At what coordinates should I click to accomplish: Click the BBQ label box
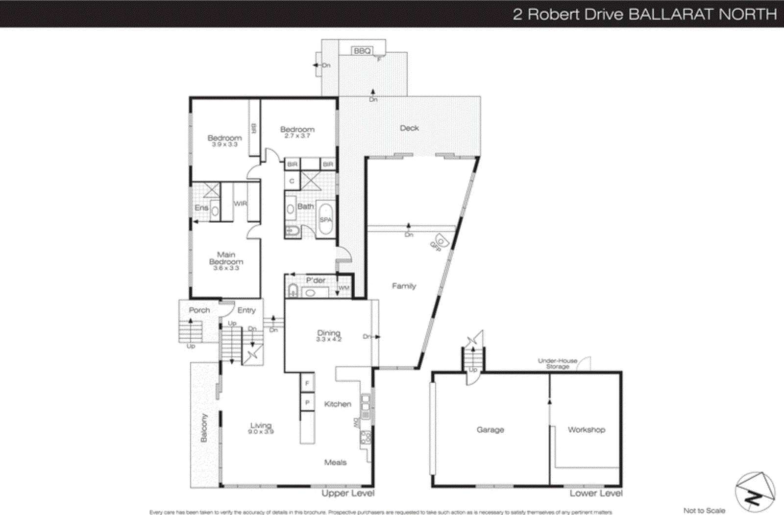coord(362,51)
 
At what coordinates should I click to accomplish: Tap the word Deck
coord(409,128)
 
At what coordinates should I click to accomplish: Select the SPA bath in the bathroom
coord(326,220)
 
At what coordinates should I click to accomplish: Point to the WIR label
coord(240,203)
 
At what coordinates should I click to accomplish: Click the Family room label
coord(404,286)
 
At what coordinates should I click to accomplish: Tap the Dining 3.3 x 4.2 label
coord(328,335)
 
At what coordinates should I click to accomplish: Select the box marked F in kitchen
coord(307,383)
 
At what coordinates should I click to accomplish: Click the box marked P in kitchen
coord(307,402)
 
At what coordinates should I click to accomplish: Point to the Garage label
coord(490,430)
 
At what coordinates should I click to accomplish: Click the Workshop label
coord(586,430)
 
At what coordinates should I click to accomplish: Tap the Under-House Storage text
coord(558,363)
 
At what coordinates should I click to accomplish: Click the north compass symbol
coord(755,492)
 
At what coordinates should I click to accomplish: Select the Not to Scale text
coord(704,510)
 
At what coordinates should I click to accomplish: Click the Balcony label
coord(204,428)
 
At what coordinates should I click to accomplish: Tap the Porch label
coord(199,310)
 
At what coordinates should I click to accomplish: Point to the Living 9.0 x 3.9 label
coord(261,428)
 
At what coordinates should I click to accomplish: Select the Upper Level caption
coord(348,493)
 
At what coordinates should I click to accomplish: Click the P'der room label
coord(316,280)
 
